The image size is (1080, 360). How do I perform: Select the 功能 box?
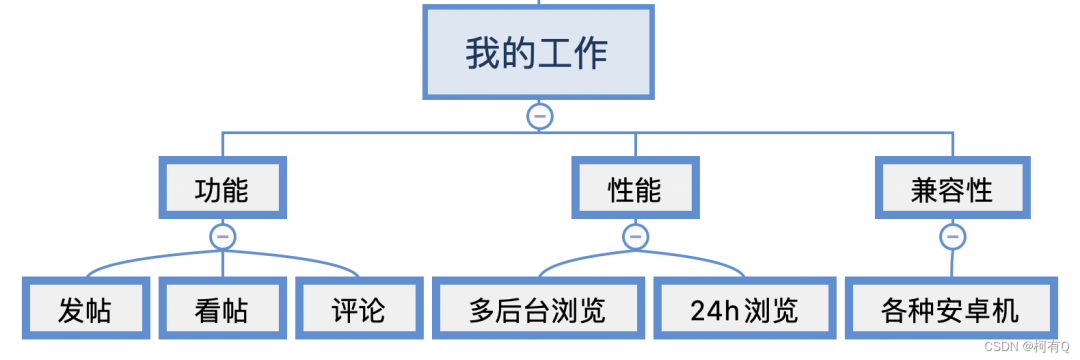[x=222, y=188]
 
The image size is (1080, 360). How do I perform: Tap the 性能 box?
[x=635, y=188]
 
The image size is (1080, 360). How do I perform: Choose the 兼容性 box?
[x=952, y=188]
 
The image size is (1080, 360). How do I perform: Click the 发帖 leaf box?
[x=84, y=310]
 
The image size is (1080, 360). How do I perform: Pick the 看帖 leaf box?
[x=222, y=310]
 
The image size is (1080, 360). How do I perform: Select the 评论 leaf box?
[x=358, y=310]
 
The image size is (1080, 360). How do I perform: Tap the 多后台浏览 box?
[x=537, y=310]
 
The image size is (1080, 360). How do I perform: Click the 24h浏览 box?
[x=744, y=310]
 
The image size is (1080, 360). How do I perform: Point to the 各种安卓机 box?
[x=950, y=310]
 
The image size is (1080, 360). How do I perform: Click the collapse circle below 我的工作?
[x=539, y=116]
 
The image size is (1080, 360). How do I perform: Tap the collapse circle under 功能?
[x=222, y=237]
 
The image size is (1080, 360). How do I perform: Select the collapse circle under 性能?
[x=635, y=237]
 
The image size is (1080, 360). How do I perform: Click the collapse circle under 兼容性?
[x=952, y=237]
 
